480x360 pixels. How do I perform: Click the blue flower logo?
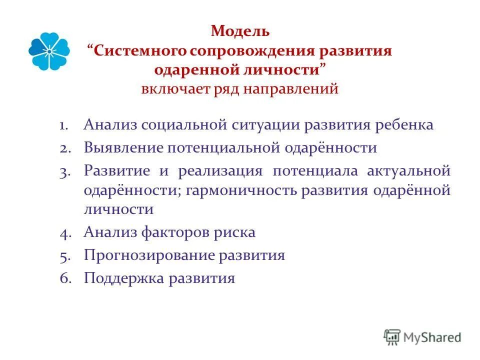[x=49, y=51]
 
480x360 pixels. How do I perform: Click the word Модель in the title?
[x=240, y=31]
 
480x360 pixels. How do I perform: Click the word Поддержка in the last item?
[x=123, y=278]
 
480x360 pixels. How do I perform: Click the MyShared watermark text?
[x=433, y=337]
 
